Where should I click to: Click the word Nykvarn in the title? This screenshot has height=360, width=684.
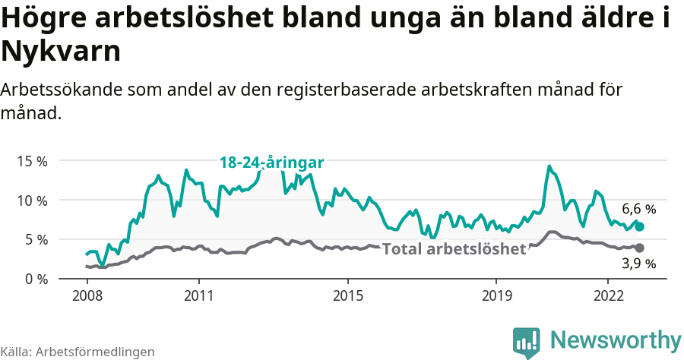click(x=61, y=52)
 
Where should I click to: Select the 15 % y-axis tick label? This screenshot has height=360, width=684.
click(x=33, y=161)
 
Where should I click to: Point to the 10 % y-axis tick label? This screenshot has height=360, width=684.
click(x=33, y=201)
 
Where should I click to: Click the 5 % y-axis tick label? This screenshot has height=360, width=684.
click(x=36, y=239)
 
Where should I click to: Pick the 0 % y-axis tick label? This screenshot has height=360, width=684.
click(x=36, y=279)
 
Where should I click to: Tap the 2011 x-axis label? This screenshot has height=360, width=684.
click(x=198, y=295)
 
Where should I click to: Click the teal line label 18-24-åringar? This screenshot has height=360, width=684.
click(x=272, y=163)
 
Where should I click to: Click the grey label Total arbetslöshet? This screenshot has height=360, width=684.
click(x=454, y=249)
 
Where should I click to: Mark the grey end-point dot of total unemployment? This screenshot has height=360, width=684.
click(x=639, y=248)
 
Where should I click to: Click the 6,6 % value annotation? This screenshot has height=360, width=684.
click(x=638, y=208)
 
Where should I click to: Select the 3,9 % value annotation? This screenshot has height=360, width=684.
click(x=638, y=264)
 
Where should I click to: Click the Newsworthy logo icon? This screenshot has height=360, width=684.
click(x=527, y=342)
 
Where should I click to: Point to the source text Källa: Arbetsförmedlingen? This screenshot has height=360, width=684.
click(x=78, y=352)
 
